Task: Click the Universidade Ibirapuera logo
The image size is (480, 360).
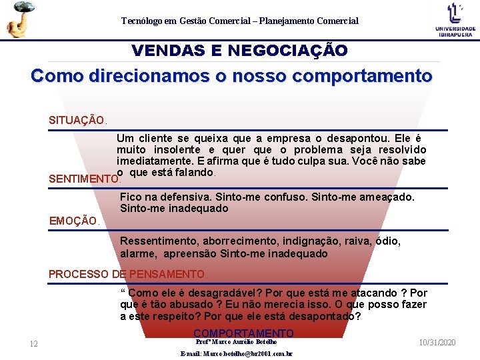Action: (x=455, y=19)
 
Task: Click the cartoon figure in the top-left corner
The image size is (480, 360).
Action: (x=20, y=19)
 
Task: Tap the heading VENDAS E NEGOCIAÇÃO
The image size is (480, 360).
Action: (x=239, y=51)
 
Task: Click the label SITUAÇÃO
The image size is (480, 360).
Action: (x=77, y=121)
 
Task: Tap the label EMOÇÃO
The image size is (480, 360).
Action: (x=73, y=221)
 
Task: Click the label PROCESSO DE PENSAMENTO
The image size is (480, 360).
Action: (x=128, y=274)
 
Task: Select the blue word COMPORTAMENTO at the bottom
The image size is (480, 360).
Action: (x=243, y=333)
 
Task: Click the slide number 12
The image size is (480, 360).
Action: (x=33, y=344)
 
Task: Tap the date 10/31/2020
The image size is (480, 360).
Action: (x=437, y=342)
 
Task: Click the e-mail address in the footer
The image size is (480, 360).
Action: (x=237, y=354)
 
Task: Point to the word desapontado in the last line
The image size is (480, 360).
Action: (x=324, y=316)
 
